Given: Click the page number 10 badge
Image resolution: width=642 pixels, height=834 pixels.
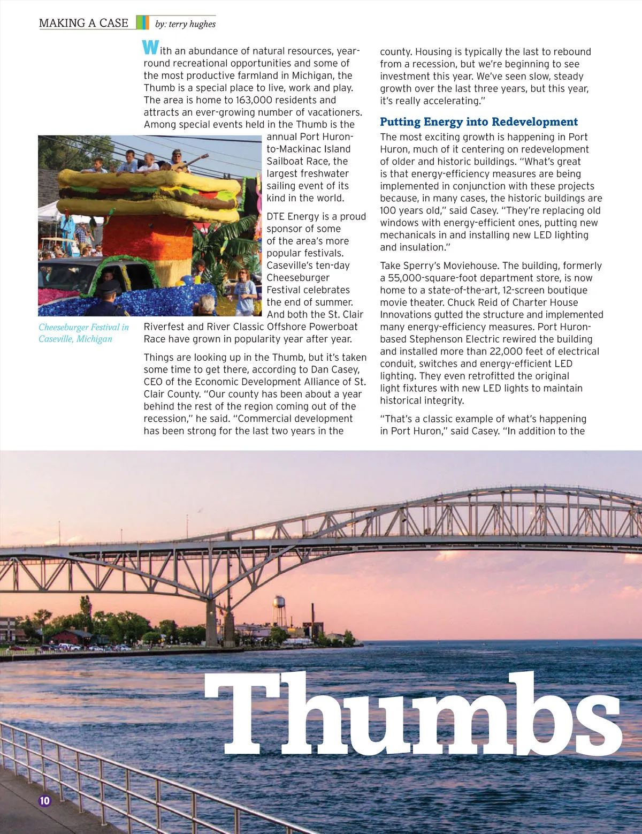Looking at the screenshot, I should (44, 800).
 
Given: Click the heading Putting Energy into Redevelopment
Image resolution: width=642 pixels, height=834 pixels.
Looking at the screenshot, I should (479, 122).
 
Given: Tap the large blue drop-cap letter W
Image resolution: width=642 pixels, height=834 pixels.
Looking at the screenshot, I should (150, 48).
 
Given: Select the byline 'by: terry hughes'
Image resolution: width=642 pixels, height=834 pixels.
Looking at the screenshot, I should (185, 24).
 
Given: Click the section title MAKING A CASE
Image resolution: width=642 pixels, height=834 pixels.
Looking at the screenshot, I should (83, 23).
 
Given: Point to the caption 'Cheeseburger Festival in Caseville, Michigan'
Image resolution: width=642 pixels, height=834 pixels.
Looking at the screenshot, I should (83, 333).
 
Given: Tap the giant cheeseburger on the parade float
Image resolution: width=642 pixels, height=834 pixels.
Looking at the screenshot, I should (150, 195).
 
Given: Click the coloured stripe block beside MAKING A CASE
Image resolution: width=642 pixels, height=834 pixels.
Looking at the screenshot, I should (142, 22).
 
